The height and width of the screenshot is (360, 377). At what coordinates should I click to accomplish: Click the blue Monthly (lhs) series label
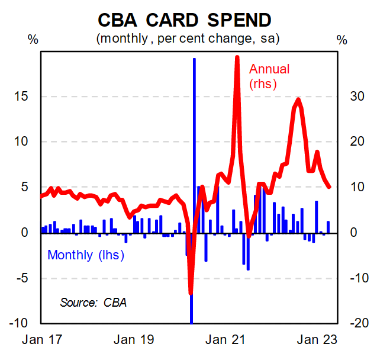click(x=86, y=255)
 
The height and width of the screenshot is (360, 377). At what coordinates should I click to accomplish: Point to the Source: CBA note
click(x=93, y=302)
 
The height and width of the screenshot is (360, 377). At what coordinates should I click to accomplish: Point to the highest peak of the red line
click(x=237, y=57)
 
